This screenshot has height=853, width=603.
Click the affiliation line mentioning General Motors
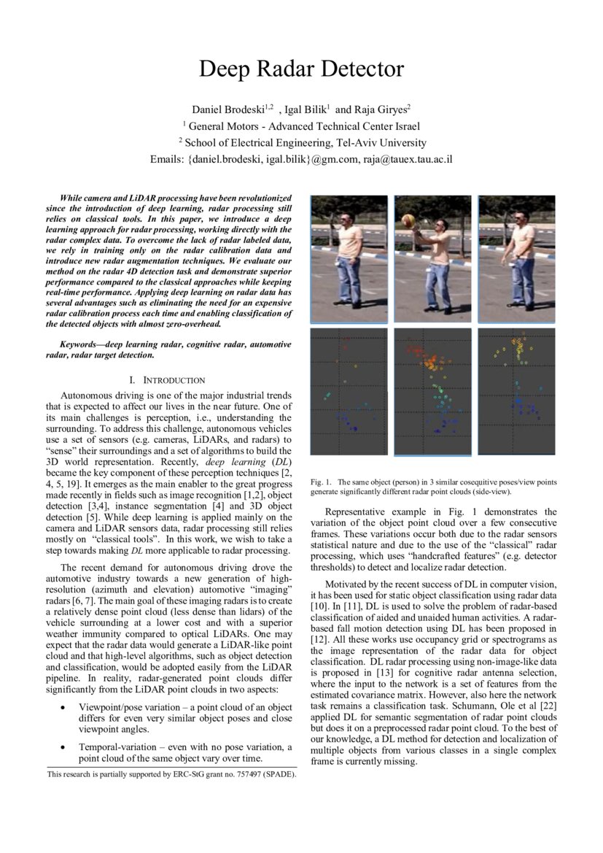pos(301,126)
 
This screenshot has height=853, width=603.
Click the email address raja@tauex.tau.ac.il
pos(404,159)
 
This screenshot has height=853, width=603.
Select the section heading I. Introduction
pos(167,380)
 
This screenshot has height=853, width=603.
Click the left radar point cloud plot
pos(349,393)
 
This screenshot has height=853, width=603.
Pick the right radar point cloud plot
pos(517,393)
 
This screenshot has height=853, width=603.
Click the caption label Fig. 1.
pos(321,482)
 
